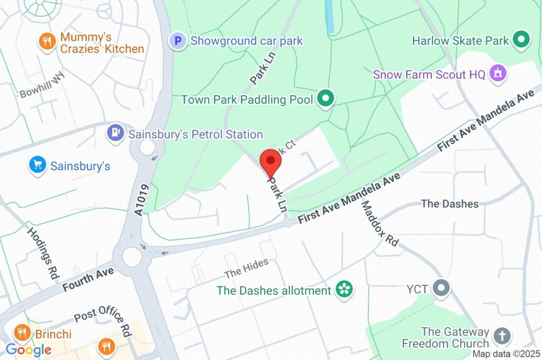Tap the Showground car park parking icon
tap(178, 40)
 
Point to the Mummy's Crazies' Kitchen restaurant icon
tap(47, 42)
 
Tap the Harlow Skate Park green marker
tap(522, 40)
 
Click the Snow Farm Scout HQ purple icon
tap(498, 74)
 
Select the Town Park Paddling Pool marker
tap(326, 98)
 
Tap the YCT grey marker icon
tap(441, 289)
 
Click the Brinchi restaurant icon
tap(22, 333)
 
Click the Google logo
tap(28, 349)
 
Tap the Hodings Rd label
tap(43, 250)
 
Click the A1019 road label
tap(139, 200)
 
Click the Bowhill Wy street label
tap(42, 85)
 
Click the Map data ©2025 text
tap(506, 354)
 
